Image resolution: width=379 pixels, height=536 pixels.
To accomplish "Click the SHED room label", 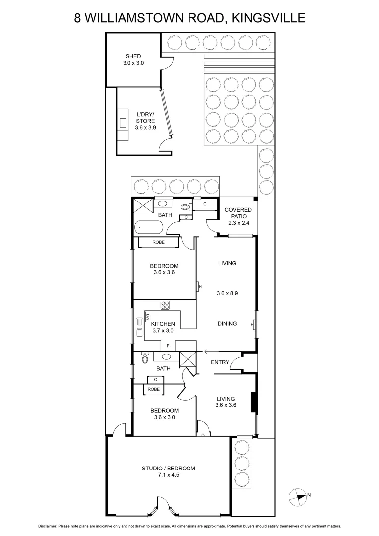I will [133, 56].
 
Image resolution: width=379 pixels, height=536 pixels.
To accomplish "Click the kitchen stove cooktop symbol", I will [165, 305].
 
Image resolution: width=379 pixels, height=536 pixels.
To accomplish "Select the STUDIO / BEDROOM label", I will [169, 468].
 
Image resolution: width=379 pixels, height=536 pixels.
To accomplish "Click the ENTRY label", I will [220, 362].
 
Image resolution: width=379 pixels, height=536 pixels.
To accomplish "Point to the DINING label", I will [227, 324].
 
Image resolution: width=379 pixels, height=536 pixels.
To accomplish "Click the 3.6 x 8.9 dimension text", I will [227, 293].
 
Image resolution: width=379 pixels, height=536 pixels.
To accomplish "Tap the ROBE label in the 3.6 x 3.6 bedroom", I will [158, 242].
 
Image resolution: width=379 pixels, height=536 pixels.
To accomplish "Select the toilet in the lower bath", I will [145, 358].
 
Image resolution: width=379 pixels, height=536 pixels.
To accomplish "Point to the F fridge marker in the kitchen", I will [168, 346].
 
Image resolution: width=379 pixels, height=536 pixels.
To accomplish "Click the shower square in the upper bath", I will [141, 205].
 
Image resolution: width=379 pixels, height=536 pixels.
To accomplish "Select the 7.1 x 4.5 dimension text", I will [169, 475].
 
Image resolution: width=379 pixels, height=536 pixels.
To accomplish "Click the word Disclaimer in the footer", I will [47, 526].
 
